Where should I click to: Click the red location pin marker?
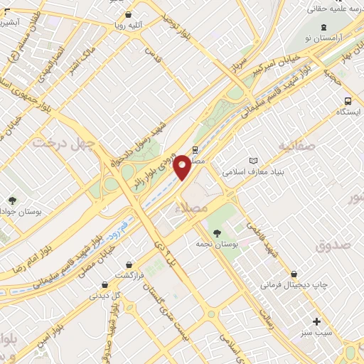pos(183,167)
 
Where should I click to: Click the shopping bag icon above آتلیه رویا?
pos(127,14)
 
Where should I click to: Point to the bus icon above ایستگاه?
pos(347,101)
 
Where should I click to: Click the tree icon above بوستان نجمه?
pos(216,232)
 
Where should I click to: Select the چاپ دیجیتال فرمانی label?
pos(294,284)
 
